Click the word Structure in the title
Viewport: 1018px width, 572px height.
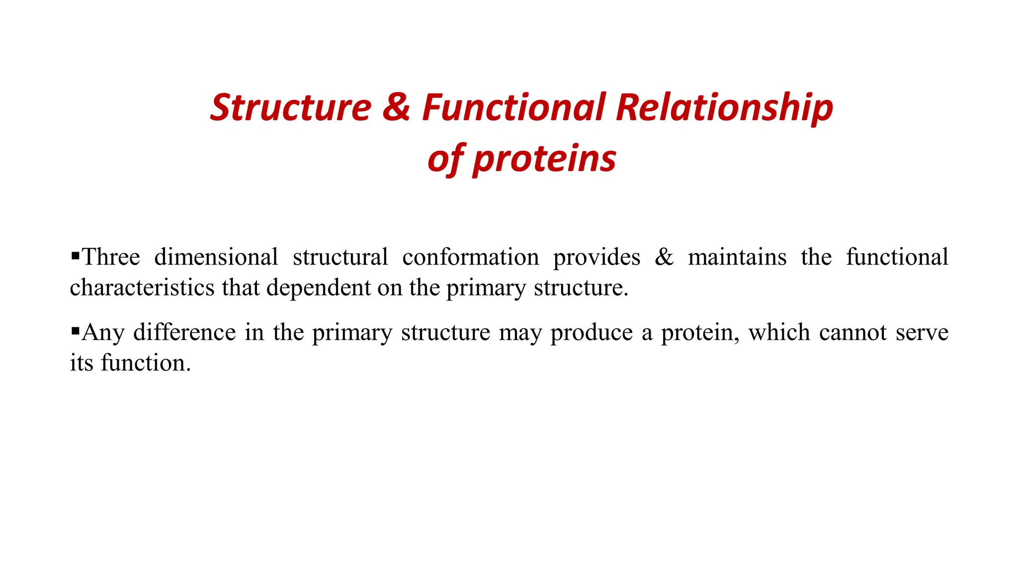(290, 108)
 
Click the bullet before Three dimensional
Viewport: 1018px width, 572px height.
(76, 256)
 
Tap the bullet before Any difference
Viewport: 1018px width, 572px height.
(76, 331)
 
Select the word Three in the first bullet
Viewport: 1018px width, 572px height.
(111, 257)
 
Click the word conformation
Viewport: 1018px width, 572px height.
(470, 257)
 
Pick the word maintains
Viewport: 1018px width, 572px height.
(737, 257)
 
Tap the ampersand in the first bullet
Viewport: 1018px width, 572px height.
(664, 257)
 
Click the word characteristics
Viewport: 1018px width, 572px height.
(142, 287)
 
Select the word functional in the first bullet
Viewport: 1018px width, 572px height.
(897, 257)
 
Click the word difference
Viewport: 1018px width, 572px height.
(184, 332)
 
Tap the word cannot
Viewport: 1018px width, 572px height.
(852, 332)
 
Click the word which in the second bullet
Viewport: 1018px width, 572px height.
(779, 332)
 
